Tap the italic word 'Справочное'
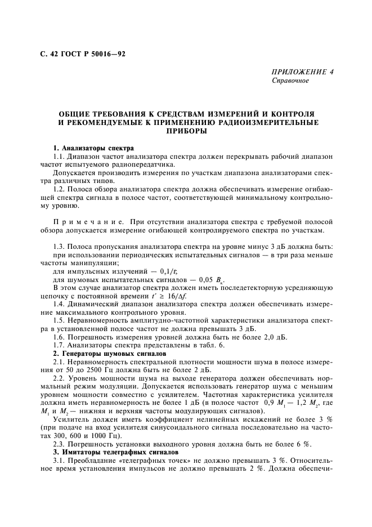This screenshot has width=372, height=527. pyautogui.click(x=290, y=81)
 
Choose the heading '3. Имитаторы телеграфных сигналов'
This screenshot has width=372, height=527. pyautogui.click(x=115, y=452)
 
